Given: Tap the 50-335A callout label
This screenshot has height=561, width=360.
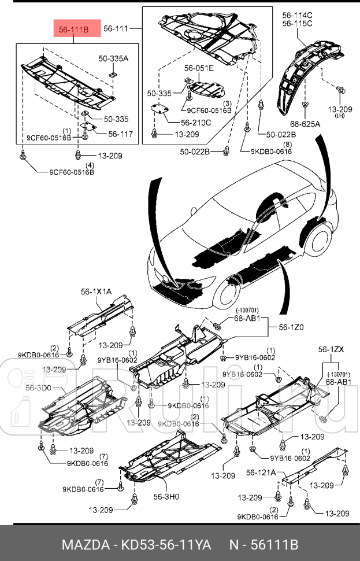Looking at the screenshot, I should tap(113, 58).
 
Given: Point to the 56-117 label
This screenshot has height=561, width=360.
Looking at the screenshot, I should tap(120, 134).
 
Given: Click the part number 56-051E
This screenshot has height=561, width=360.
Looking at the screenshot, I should tap(199, 68).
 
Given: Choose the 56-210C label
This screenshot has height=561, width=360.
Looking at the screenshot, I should tap(195, 123).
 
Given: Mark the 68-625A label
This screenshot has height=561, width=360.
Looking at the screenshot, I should tap(305, 123).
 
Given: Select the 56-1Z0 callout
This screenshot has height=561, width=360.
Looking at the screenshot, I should tap(291, 327).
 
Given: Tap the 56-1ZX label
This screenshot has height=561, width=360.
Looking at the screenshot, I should tap(331, 349).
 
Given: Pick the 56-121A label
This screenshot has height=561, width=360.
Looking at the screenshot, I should tap(261, 473).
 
